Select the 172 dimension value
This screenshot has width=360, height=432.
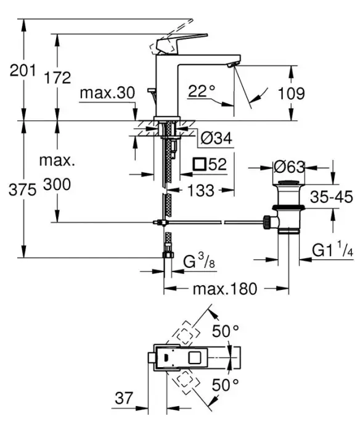click(x=57, y=78)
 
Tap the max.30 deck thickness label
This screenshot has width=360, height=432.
click(x=107, y=93)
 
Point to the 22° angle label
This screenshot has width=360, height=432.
click(x=201, y=91)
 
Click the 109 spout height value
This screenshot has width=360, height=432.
click(x=291, y=93)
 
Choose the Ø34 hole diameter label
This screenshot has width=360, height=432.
click(x=216, y=138)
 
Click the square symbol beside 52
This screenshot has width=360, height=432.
click(x=200, y=165)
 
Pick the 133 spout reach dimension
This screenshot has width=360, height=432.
click(x=200, y=190)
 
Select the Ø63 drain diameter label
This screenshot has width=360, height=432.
click(x=289, y=167)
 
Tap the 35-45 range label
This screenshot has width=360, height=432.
click(x=332, y=197)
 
